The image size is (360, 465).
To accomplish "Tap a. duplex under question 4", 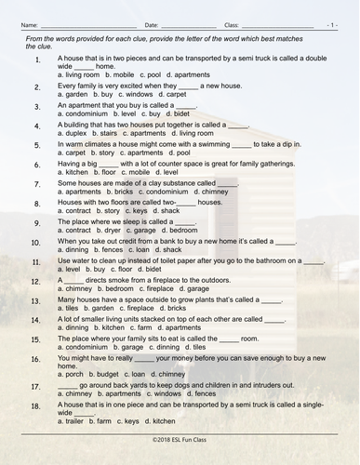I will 73,134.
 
